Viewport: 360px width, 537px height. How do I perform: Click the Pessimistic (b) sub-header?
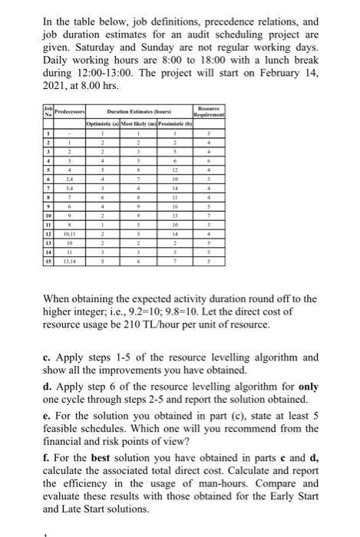pos(177,123)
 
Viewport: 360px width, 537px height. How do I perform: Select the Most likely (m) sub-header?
pos(140,123)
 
